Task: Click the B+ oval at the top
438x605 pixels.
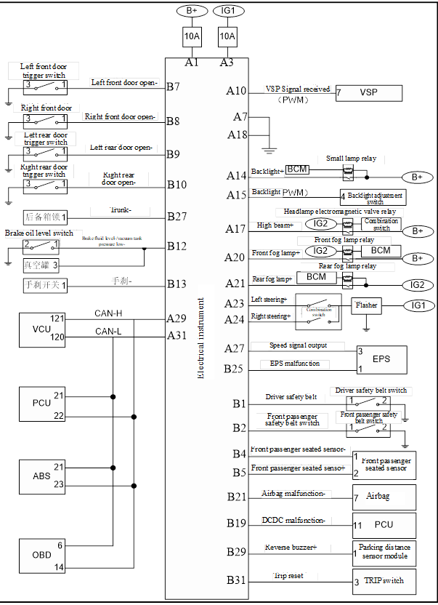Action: coord(192,12)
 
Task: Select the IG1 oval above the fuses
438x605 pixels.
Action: coord(228,12)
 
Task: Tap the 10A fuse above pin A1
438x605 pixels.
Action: coord(192,36)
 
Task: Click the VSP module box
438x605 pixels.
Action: coord(370,93)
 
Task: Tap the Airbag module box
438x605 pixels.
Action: coord(383,497)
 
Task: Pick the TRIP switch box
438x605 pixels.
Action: coord(386,582)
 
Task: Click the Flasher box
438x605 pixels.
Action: coord(367,305)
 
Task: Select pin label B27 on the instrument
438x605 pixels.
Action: coord(177,216)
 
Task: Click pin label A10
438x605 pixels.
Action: coord(237,91)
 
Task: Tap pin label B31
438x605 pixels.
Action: coord(237,580)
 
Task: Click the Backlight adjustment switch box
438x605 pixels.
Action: coord(374,197)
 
